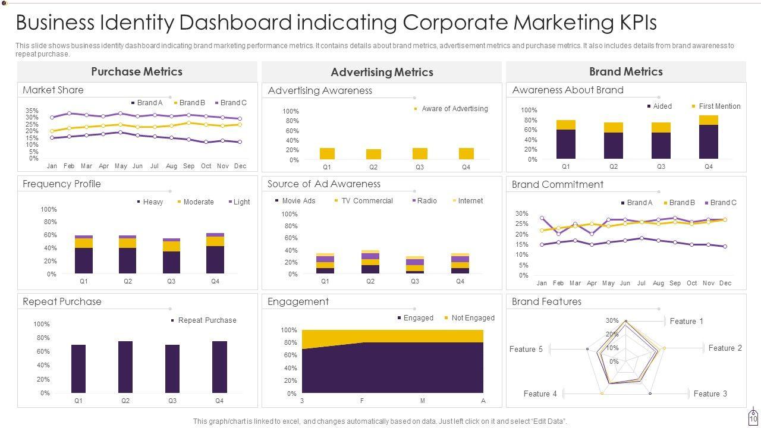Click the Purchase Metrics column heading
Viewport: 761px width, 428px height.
click(x=137, y=71)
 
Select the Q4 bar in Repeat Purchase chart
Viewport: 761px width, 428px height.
click(x=219, y=367)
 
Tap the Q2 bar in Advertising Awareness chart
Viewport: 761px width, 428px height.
click(x=373, y=154)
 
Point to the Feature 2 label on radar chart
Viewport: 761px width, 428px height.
click(x=725, y=348)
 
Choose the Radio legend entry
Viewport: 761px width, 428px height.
click(x=426, y=201)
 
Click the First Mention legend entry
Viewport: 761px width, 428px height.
click(x=719, y=106)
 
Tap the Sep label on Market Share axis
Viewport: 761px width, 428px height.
click(x=189, y=166)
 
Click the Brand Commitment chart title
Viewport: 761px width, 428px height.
click(x=558, y=184)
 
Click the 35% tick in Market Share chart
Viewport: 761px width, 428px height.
click(x=32, y=111)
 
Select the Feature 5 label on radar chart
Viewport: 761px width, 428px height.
click(x=526, y=349)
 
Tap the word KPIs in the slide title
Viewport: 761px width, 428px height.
click(x=634, y=23)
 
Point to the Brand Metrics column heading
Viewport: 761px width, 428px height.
click(x=625, y=71)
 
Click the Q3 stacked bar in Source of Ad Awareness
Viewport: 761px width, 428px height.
click(x=415, y=265)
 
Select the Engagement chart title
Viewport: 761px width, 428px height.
click(x=298, y=301)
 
